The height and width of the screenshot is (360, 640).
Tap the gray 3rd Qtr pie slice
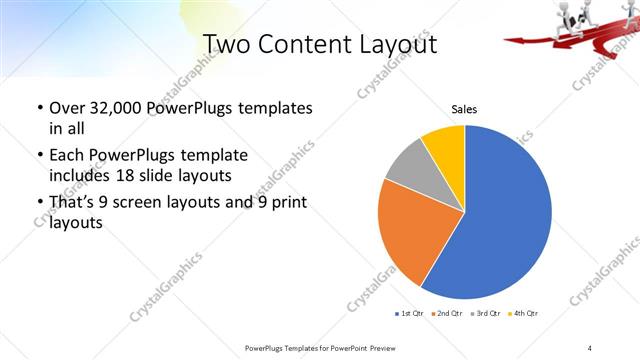coord(409,166)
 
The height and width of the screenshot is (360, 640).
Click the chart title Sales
coord(464,112)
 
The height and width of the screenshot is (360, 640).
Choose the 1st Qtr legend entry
coord(410,315)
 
